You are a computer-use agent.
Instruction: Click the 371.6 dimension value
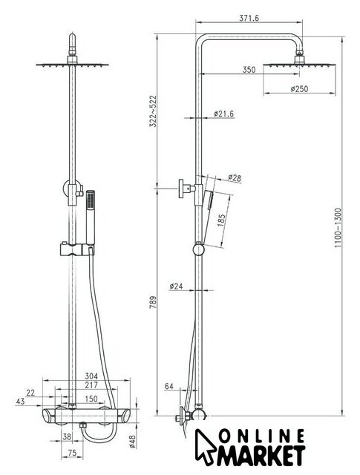pyautogui.click(x=249, y=18)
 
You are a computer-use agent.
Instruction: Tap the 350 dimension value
pyautogui.click(x=249, y=70)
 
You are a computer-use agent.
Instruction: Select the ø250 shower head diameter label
pyautogui.click(x=299, y=89)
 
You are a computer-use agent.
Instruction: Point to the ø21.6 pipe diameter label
pyautogui.click(x=223, y=114)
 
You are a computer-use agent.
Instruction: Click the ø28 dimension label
pyautogui.click(x=235, y=178)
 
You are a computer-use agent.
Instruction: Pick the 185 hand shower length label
pyautogui.click(x=221, y=220)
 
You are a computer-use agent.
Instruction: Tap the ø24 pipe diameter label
pyautogui.click(x=177, y=286)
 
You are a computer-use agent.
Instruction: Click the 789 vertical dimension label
pyautogui.click(x=153, y=302)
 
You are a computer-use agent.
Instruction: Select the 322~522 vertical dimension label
pyautogui.click(x=153, y=111)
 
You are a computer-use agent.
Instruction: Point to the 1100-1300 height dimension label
pyautogui.click(x=338, y=228)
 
